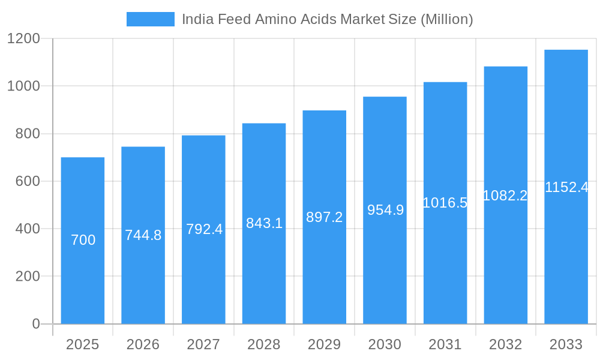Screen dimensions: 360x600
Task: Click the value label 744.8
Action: click(x=143, y=235)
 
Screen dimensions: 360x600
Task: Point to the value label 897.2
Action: click(x=324, y=217)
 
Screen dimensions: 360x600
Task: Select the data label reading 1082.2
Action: click(x=505, y=196)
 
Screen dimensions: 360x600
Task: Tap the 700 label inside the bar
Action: click(x=83, y=240)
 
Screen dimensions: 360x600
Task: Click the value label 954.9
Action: click(x=385, y=210)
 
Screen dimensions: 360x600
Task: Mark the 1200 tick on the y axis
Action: click(x=23, y=39)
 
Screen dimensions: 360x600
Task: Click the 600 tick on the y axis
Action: click(x=28, y=181)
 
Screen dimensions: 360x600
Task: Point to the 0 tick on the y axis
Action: click(x=36, y=324)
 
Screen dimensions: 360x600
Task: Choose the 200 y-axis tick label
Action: click(x=28, y=277)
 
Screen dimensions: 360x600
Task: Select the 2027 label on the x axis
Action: click(x=203, y=344)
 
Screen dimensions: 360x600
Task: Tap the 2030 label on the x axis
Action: click(x=385, y=344)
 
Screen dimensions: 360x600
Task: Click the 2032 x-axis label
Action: click(x=505, y=344)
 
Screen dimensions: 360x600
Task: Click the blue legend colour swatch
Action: click(x=150, y=19)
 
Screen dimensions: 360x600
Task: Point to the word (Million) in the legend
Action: click(x=446, y=19)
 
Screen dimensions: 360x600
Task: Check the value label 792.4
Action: click(x=204, y=229)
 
